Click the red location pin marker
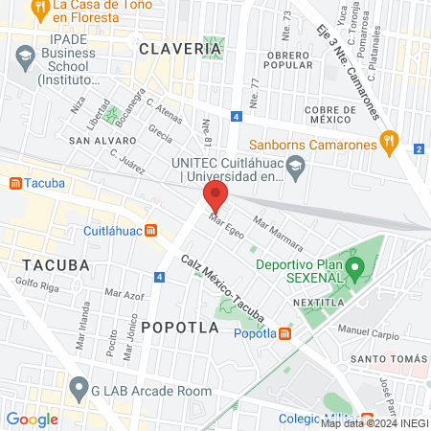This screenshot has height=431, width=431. pyautogui.click(x=215, y=198)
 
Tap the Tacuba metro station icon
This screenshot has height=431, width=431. pyautogui.click(x=15, y=182)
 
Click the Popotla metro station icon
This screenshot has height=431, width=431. pyautogui.click(x=285, y=333)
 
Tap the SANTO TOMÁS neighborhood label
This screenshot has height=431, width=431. pyautogui.click(x=390, y=359)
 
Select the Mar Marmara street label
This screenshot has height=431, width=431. pyautogui.click(x=278, y=234)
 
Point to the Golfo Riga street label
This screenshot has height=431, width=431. pyautogui.click(x=38, y=284)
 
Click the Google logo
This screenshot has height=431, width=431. pyautogui.click(x=32, y=419)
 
